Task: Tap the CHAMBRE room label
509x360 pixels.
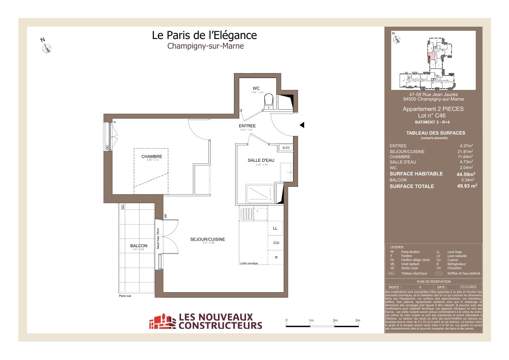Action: (x=151, y=156)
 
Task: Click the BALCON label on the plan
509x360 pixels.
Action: (x=139, y=246)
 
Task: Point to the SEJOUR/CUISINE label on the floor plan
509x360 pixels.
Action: (x=207, y=239)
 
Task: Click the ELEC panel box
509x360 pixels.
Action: (x=286, y=148)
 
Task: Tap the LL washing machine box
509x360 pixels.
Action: (x=275, y=228)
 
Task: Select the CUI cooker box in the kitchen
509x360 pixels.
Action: (x=276, y=243)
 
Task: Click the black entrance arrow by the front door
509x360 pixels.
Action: (x=302, y=125)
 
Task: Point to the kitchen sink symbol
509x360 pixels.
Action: (x=253, y=214)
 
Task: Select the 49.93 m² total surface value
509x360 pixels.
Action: (x=467, y=186)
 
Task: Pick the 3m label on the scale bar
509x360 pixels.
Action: (x=357, y=320)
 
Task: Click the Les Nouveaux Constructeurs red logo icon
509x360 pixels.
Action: (x=162, y=321)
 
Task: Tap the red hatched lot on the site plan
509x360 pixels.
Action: (x=431, y=57)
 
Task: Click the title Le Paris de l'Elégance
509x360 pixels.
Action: (x=204, y=35)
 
